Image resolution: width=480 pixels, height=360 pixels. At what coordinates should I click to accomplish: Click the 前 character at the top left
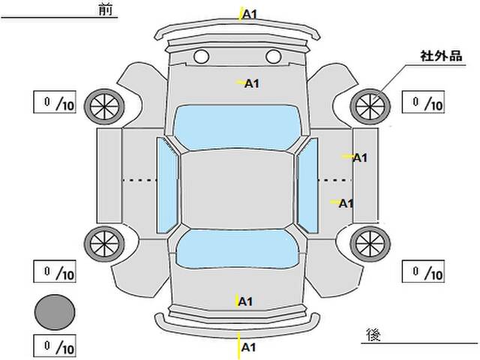[x=106, y=10]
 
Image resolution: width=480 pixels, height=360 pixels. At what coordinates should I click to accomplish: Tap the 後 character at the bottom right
[x=373, y=334]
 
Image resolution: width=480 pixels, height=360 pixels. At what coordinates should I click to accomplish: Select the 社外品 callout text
[x=441, y=56]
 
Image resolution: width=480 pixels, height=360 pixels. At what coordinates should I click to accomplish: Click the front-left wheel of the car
[x=104, y=106]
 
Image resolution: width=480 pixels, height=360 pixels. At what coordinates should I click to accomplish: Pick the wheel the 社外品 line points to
[x=370, y=106]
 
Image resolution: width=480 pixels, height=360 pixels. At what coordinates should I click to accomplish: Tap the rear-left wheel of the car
[x=104, y=244]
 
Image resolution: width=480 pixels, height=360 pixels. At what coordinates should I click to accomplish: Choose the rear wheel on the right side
[x=370, y=244]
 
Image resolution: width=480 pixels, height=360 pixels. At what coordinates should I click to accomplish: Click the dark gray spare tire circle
[x=55, y=312]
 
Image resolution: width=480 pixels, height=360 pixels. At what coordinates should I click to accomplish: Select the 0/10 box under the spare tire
[x=55, y=346]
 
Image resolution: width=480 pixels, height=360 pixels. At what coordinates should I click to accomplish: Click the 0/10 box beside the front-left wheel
[x=55, y=102]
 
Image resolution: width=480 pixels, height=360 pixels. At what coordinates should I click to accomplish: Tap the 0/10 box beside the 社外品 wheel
[x=423, y=102]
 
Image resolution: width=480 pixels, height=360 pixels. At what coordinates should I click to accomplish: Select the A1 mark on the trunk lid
[x=245, y=301]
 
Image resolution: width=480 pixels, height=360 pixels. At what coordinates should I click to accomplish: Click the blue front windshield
[x=238, y=127]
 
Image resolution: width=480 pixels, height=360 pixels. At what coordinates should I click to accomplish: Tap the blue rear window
[x=238, y=248]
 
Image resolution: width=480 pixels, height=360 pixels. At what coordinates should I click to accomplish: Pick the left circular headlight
[x=202, y=57]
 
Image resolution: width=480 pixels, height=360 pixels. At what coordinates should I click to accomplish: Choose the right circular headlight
[x=273, y=57]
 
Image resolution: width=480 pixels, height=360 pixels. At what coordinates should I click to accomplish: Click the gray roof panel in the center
[x=238, y=190]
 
